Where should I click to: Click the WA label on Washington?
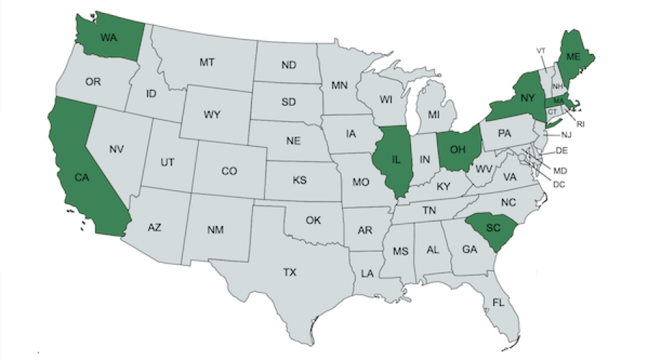(x=109, y=37)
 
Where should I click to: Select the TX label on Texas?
(x=289, y=272)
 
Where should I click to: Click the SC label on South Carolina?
(x=493, y=228)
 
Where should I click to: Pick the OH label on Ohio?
(x=458, y=150)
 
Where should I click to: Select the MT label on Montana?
(x=207, y=63)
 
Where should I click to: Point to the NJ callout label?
(x=566, y=135)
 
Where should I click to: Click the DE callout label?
(x=562, y=150)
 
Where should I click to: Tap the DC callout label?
(x=558, y=184)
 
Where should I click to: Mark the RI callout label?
(x=580, y=124)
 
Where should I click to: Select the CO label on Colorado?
(x=229, y=171)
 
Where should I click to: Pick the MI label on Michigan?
(x=433, y=114)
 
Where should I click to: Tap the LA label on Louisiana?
(x=367, y=274)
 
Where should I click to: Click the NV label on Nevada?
(x=117, y=150)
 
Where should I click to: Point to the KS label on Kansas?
(x=300, y=180)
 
